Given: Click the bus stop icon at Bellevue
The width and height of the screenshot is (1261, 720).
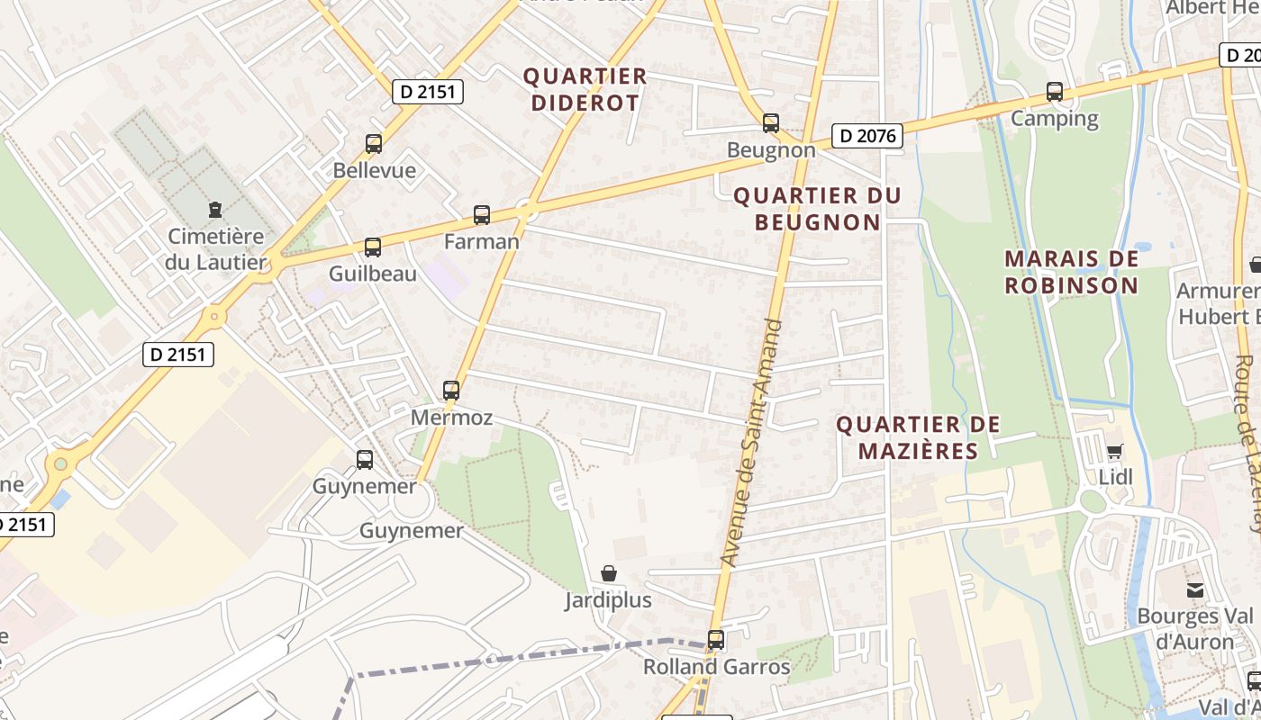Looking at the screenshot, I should [x=374, y=143].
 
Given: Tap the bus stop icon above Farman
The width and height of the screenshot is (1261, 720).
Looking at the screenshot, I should [x=482, y=215].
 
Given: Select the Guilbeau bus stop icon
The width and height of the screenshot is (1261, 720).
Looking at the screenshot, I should [x=372, y=247].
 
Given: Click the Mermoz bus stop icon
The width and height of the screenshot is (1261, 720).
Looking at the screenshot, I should [x=451, y=391].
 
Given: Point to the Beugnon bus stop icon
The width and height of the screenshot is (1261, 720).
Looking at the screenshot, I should [x=771, y=123].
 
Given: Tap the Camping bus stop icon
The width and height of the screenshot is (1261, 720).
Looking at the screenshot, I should [x=1055, y=92].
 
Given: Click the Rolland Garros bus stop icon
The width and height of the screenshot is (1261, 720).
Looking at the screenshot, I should [x=716, y=640].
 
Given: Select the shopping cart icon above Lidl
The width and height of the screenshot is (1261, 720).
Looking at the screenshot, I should [x=1115, y=451].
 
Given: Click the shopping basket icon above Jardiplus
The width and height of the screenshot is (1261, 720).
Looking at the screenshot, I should [x=609, y=573].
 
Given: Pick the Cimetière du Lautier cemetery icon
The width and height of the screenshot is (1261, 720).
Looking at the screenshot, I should [x=214, y=211].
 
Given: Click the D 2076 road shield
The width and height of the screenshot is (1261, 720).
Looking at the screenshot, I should [x=866, y=136].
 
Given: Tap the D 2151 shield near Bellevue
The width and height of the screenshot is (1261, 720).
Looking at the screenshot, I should [x=428, y=91].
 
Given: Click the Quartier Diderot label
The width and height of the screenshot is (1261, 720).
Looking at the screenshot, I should [x=585, y=89].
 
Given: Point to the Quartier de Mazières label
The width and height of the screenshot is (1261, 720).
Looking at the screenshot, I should [x=918, y=437].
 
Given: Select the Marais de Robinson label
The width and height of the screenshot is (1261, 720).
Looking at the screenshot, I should [x=1072, y=272].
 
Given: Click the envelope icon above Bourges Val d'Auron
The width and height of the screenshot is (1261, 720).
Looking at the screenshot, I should [x=1195, y=590].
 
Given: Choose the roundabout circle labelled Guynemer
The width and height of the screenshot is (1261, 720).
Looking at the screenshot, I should [x=412, y=500].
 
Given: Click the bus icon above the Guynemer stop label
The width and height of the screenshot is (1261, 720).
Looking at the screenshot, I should [x=365, y=460].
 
